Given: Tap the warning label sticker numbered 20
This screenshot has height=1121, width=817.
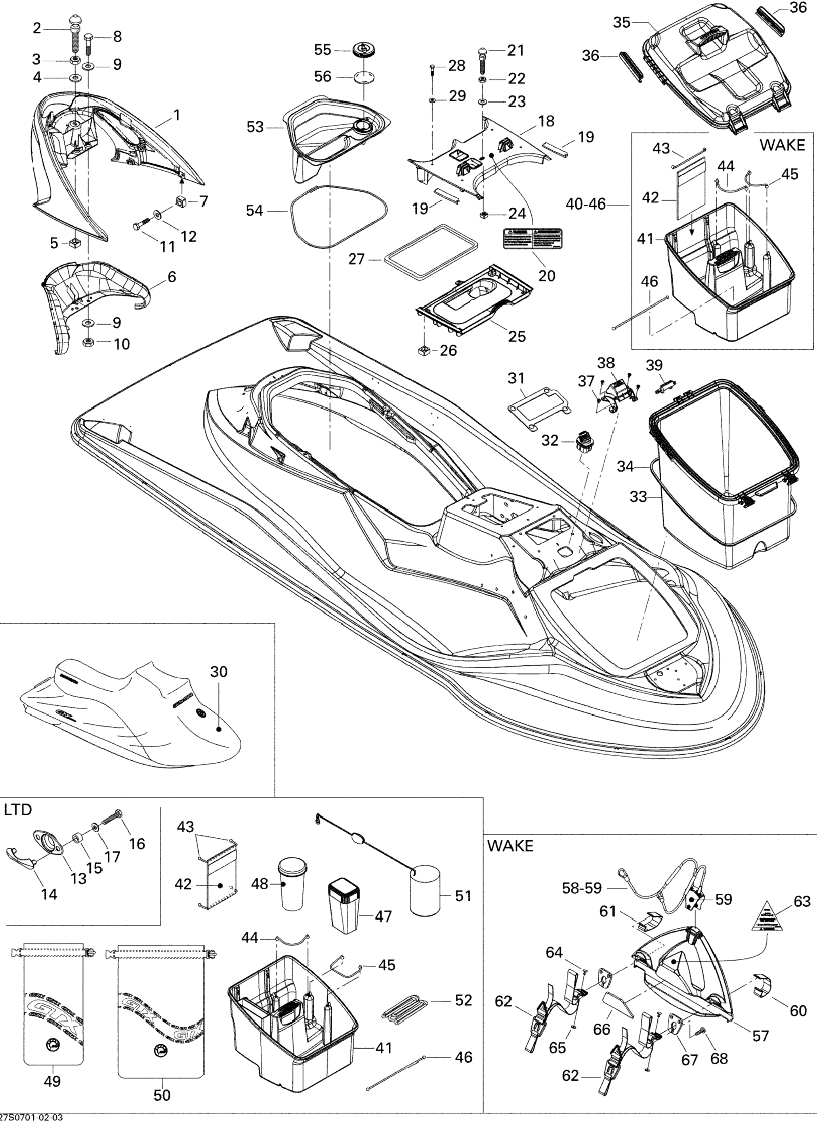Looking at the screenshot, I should click(533, 239).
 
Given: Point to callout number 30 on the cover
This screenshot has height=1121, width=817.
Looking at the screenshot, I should click(219, 671).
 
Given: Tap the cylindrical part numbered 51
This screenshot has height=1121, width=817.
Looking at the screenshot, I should click(425, 890).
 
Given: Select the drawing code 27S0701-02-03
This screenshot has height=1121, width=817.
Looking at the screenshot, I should click(32, 1117).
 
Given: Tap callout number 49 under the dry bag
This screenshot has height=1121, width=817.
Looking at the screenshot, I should click(52, 1091).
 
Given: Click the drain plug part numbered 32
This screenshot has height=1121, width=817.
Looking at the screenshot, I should click(584, 440).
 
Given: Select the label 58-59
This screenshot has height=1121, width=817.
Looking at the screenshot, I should click(582, 888).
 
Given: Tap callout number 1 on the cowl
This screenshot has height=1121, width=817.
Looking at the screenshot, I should click(176, 115).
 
